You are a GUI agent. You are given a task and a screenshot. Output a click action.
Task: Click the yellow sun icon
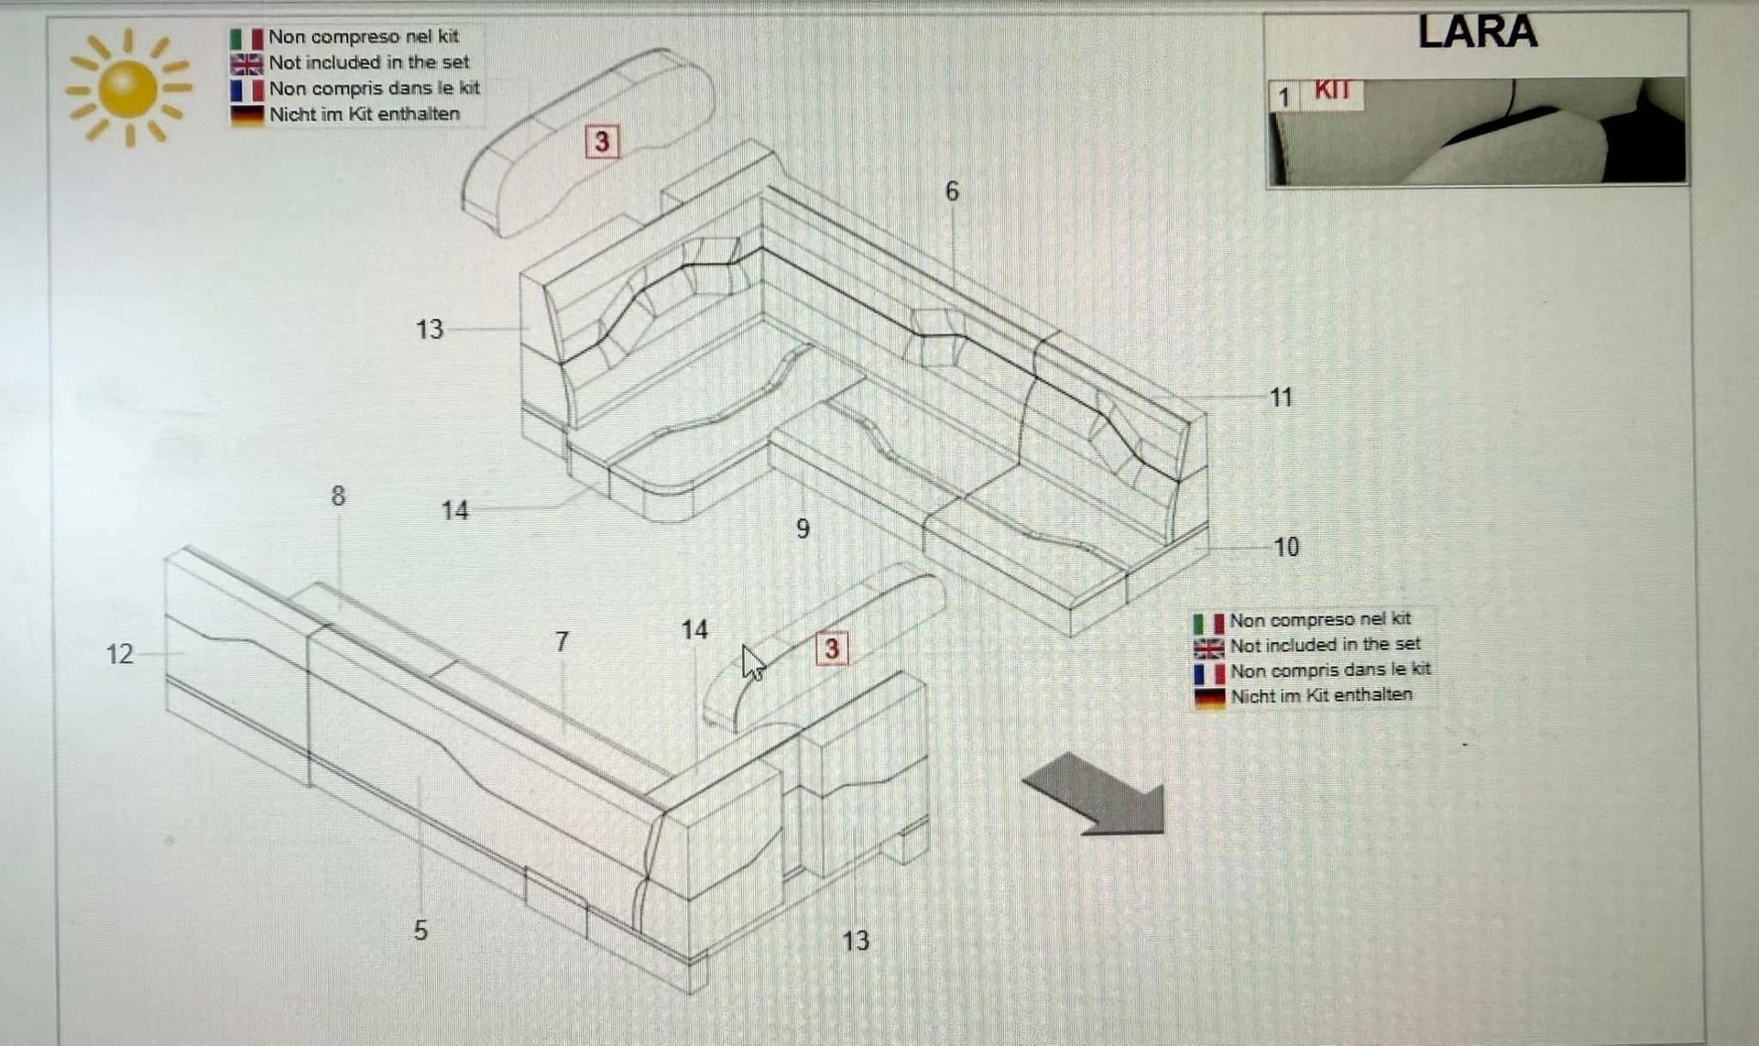coord(127,88)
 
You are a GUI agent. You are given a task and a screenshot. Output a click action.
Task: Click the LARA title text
coord(1477,32)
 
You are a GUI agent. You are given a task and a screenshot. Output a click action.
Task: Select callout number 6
coord(952,191)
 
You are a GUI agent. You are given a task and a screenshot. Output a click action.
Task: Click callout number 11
coord(1281,398)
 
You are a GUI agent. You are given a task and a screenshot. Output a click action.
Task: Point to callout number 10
coord(1286,547)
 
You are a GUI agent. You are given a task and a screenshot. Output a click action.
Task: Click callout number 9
coord(803,528)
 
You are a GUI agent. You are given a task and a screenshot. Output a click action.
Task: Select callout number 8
coord(338,496)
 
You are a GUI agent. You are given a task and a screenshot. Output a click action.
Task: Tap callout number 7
coord(562,641)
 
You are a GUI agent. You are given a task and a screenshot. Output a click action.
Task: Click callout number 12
coord(120,654)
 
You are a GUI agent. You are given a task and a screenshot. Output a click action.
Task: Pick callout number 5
coord(421,931)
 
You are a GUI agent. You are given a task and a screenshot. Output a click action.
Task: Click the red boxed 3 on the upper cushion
coord(602,142)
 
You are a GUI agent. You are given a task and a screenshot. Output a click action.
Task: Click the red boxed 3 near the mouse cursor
coord(832,648)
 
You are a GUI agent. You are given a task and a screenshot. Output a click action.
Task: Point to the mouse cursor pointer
coord(753,662)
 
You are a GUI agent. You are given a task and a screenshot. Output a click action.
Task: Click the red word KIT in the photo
coord(1332,90)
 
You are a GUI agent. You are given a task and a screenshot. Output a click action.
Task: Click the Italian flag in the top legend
coord(246,38)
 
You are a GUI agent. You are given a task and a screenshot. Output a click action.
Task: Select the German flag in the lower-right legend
coord(1209,698)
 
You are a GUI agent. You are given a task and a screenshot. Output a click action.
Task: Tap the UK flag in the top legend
coord(246,64)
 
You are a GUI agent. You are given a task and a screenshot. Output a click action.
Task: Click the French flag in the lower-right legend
coord(1209,673)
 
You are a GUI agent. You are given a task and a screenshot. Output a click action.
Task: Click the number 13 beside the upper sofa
coord(429,329)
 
